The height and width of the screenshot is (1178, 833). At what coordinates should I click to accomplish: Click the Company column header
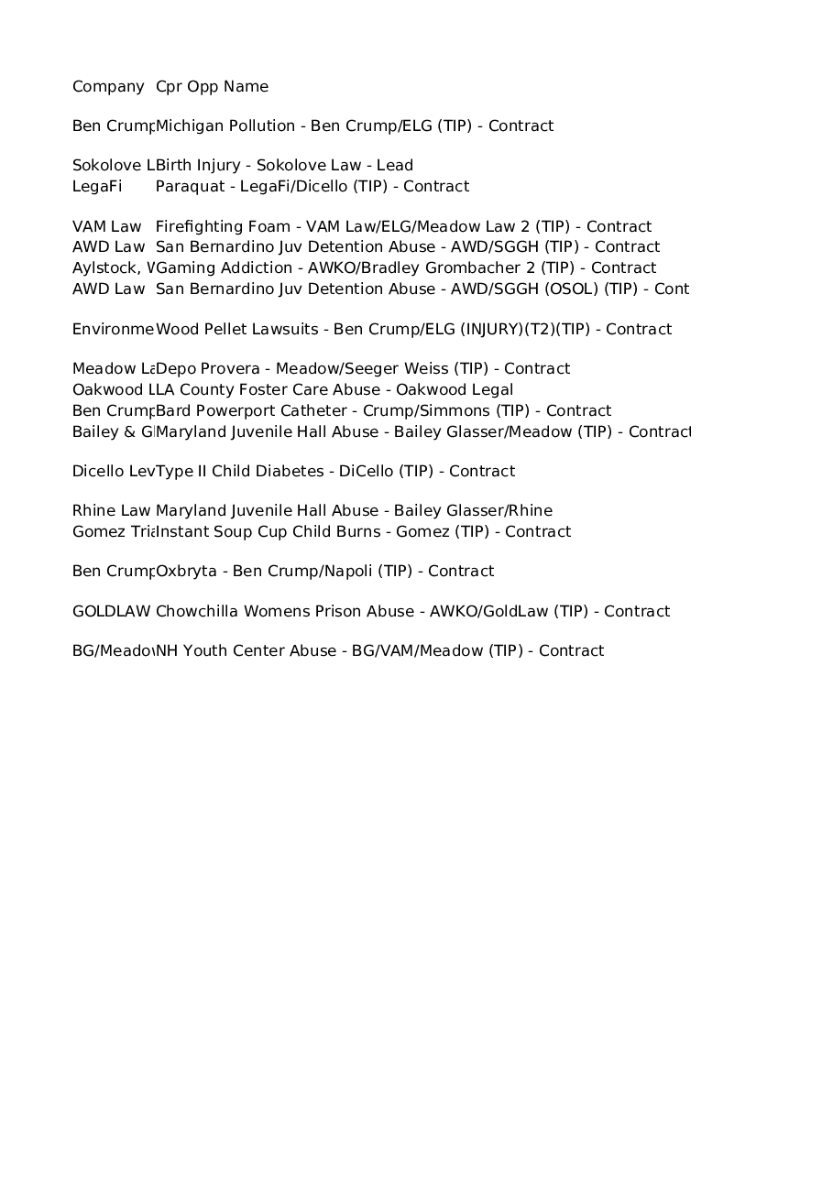click(x=108, y=87)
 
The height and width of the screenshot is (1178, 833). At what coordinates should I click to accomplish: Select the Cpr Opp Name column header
click(x=212, y=87)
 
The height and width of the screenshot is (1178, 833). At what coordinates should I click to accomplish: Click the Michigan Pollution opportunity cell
click(x=355, y=126)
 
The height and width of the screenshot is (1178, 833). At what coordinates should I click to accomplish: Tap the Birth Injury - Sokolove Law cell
click(x=284, y=166)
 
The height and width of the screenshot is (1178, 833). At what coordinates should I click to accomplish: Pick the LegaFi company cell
click(x=97, y=187)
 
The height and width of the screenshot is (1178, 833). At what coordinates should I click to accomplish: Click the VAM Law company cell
click(x=107, y=226)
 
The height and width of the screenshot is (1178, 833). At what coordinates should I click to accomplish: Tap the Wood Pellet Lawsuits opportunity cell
click(x=413, y=329)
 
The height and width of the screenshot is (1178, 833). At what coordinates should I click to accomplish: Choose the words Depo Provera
click(x=207, y=369)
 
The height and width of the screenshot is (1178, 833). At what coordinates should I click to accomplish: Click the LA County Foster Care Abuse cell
click(x=334, y=390)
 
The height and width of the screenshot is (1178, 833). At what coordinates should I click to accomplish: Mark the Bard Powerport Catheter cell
click(x=383, y=411)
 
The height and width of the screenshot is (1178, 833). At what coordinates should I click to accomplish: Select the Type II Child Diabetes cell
click(x=335, y=472)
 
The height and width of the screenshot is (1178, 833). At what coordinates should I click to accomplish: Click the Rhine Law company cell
click(x=112, y=511)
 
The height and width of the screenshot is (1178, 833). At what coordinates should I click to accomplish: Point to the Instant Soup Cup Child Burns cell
click(x=363, y=532)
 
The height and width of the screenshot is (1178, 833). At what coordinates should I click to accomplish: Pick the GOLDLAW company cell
click(x=112, y=612)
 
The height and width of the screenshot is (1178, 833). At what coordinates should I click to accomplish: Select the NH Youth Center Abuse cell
click(x=379, y=651)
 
